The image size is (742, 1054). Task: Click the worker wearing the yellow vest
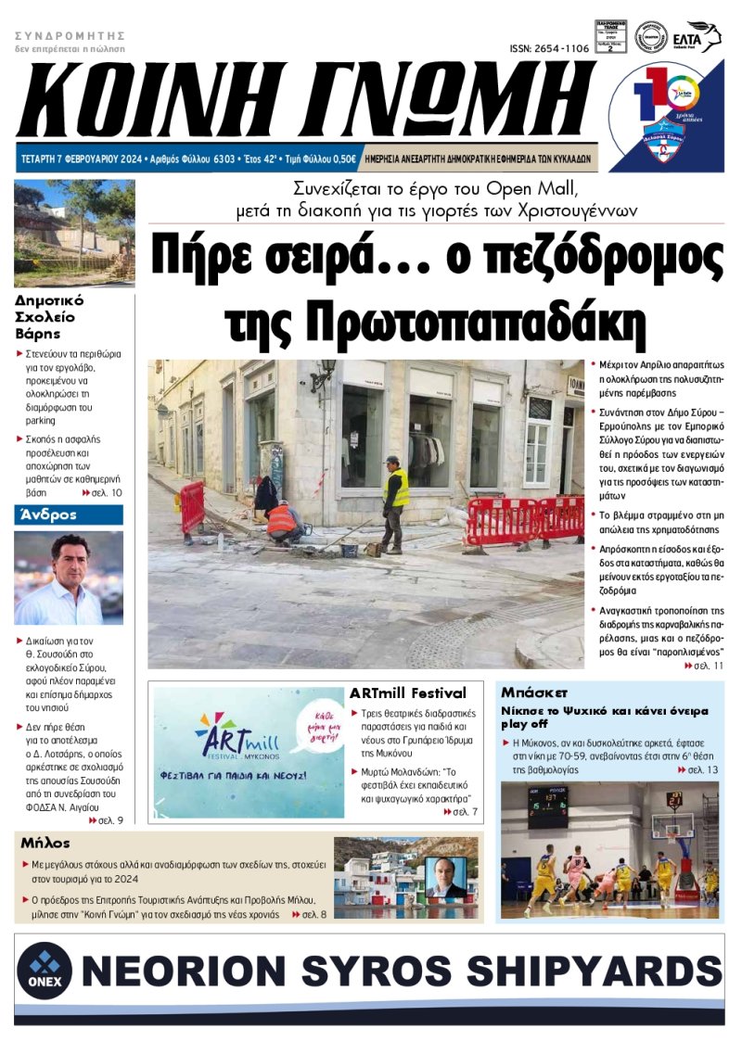click(394, 502)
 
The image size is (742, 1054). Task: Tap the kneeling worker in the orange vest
click(282, 521)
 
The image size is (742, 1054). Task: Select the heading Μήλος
click(46, 843)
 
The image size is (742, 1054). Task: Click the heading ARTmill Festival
click(407, 692)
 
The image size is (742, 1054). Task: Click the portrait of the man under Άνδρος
click(68, 578)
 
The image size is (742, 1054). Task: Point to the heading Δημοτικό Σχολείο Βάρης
click(50, 316)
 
